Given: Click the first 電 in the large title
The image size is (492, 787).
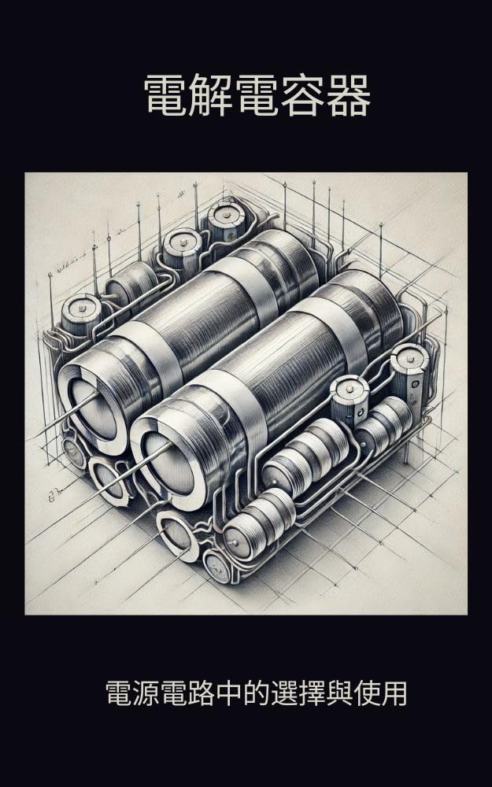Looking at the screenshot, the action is click(167, 95).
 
